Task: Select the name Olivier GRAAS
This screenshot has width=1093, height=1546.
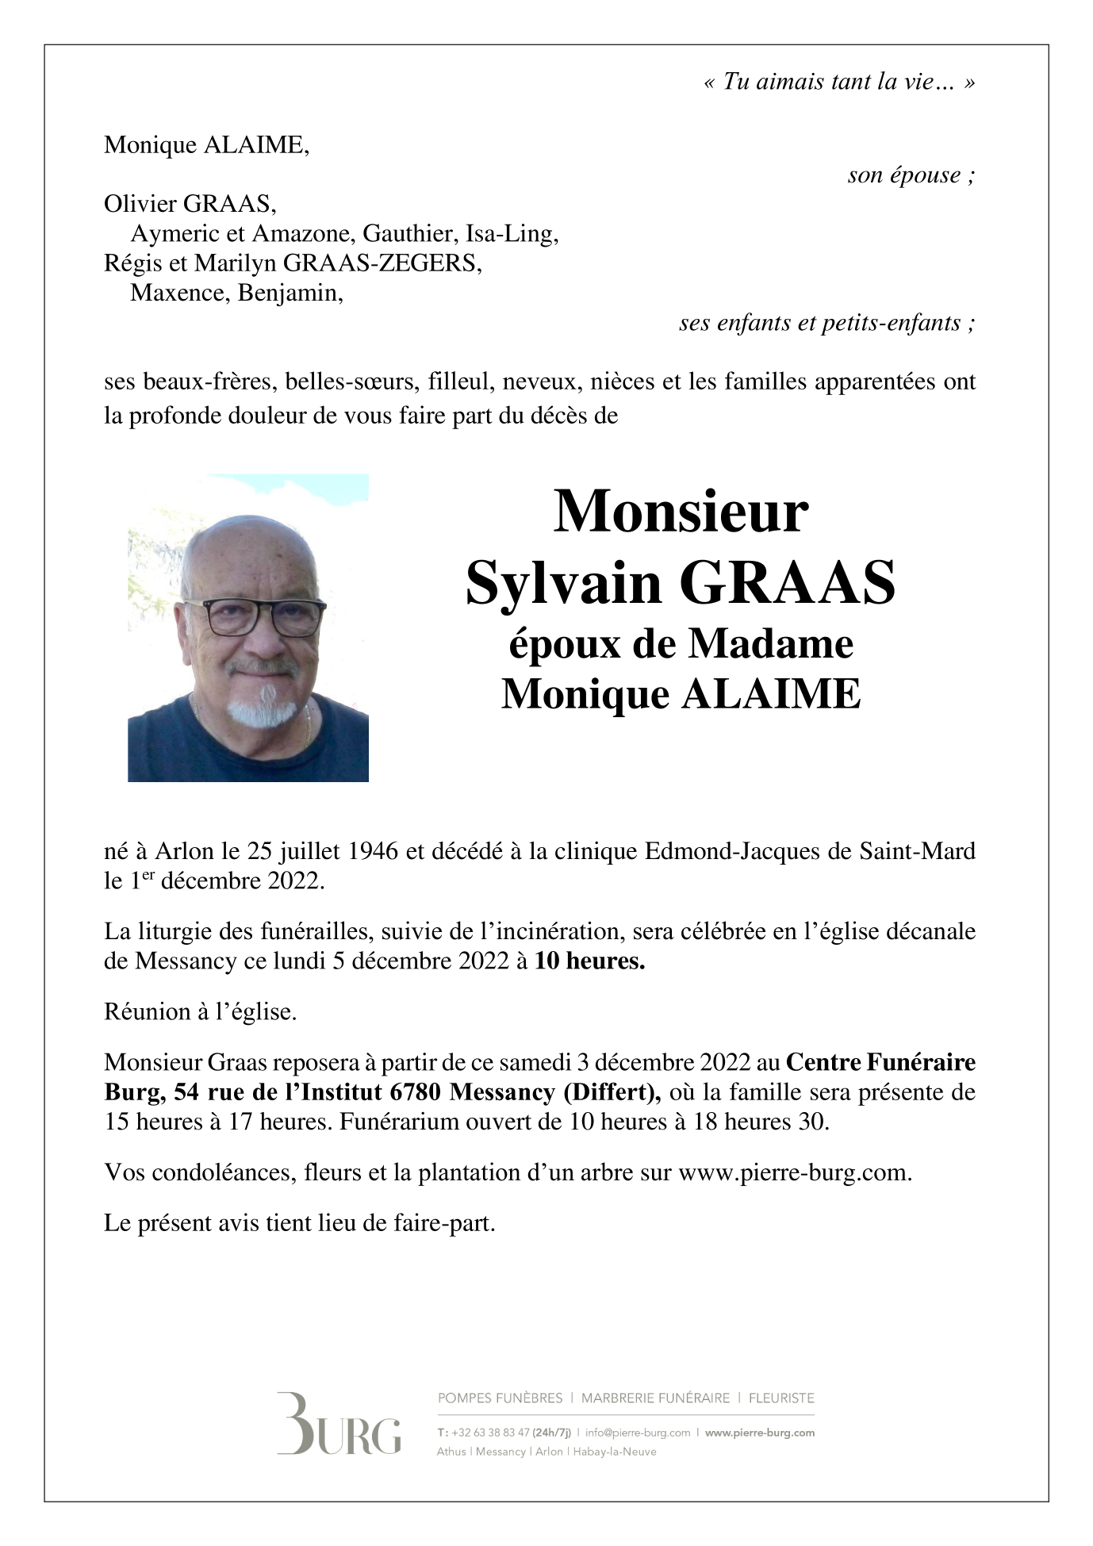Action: (190, 204)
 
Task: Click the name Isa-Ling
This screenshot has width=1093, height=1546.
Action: (511, 234)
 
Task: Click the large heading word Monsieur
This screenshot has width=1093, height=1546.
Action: (681, 512)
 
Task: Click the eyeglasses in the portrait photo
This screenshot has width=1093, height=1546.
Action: (254, 616)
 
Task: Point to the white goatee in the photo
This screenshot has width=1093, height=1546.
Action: (261, 709)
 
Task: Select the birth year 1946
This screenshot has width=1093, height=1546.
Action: (373, 851)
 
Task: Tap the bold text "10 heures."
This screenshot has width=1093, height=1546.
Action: (589, 961)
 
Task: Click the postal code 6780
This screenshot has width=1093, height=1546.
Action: (415, 1092)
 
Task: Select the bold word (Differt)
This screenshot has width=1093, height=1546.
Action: (612, 1092)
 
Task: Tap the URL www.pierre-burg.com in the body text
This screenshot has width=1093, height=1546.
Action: (794, 1172)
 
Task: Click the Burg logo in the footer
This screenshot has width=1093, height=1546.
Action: (339, 1425)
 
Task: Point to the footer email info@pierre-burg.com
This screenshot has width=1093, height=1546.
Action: (638, 1433)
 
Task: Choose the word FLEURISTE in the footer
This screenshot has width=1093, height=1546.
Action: (781, 1398)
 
